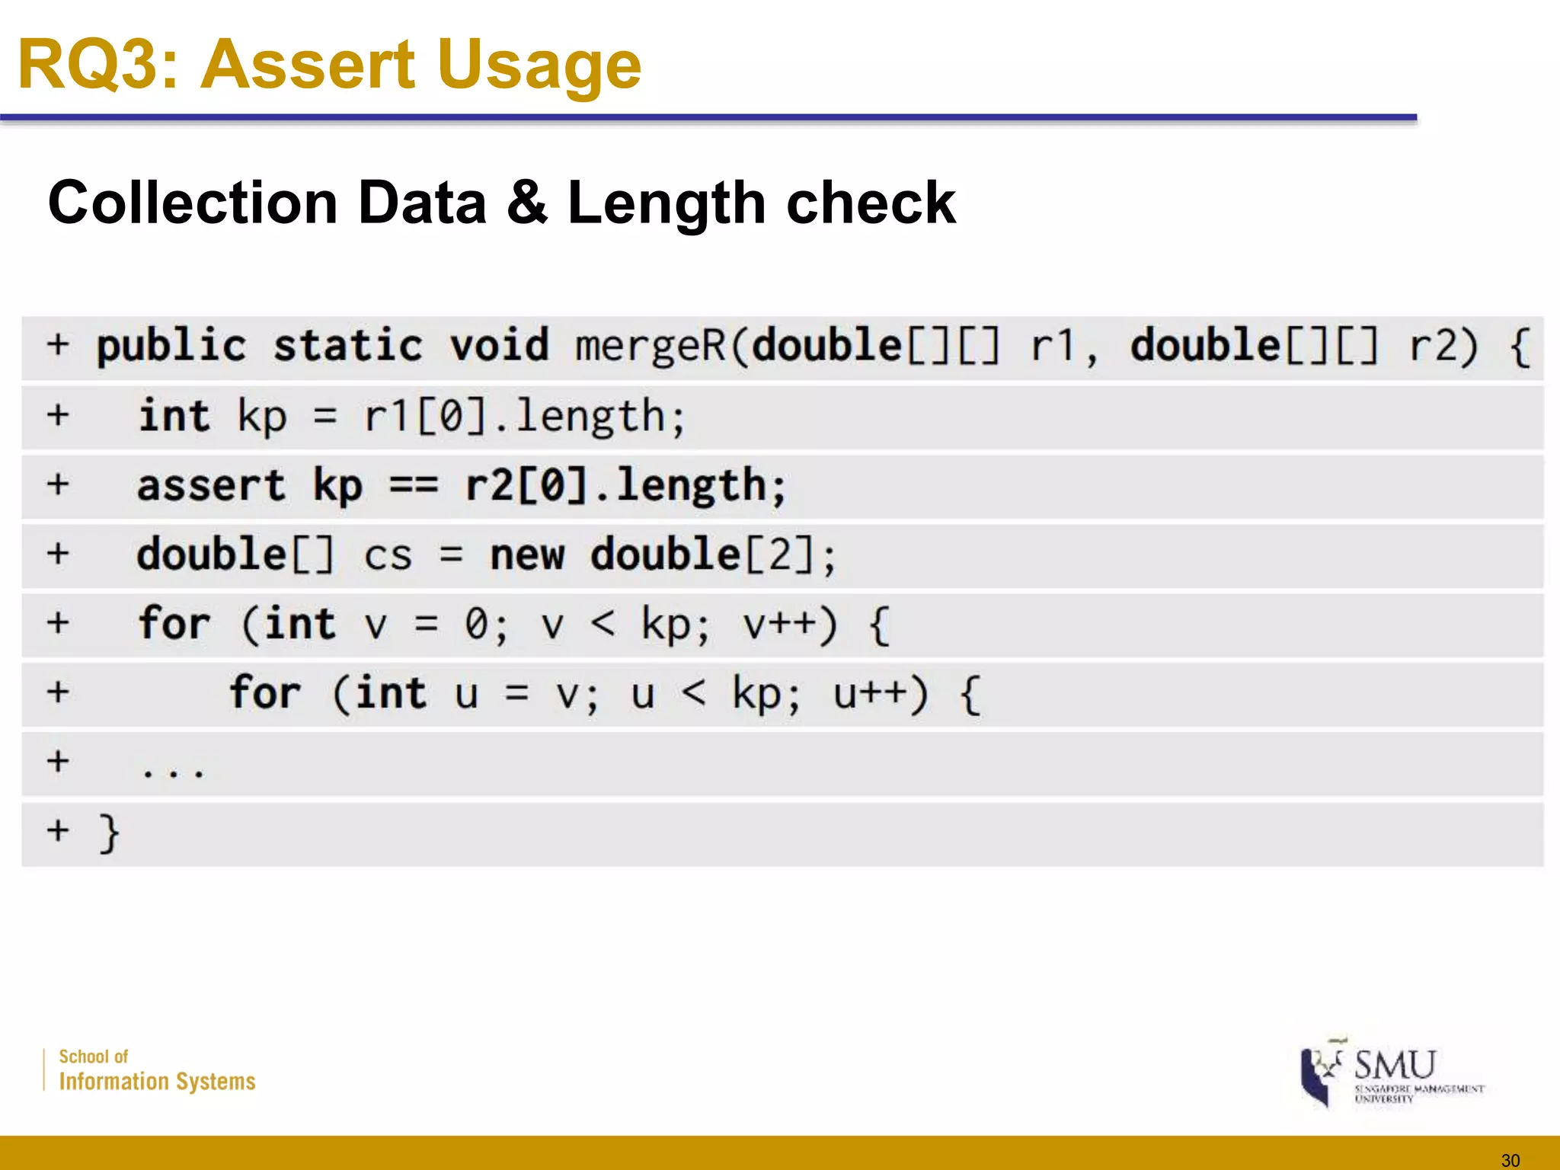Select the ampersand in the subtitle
click(527, 203)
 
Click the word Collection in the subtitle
click(193, 203)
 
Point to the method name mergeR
click(651, 347)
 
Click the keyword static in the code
click(347, 347)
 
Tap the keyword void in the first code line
click(499, 347)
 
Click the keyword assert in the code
click(211, 486)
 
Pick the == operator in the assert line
click(414, 486)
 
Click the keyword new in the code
click(527, 555)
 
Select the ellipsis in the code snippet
click(173, 772)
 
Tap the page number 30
click(1510, 1160)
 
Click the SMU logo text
click(1395, 1065)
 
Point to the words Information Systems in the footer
click(157, 1082)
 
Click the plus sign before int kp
click(58, 416)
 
